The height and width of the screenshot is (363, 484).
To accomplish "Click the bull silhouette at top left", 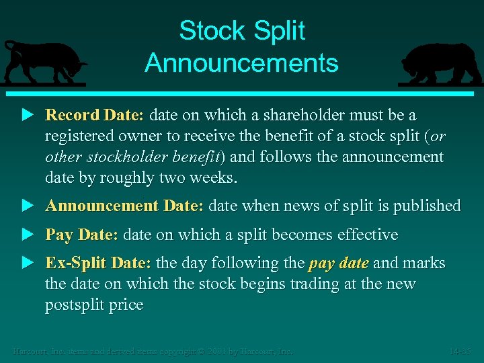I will (43, 63).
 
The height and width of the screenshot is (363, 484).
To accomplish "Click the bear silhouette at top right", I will (440, 65).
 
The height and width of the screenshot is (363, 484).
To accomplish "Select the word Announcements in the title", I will (241, 63).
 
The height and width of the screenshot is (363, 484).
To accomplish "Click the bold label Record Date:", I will (94, 116).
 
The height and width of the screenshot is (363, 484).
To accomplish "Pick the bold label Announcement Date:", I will (124, 206).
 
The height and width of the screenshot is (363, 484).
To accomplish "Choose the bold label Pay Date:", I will (81, 235).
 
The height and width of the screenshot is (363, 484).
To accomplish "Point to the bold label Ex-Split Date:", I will (97, 264).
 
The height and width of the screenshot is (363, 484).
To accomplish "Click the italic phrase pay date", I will (338, 264).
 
